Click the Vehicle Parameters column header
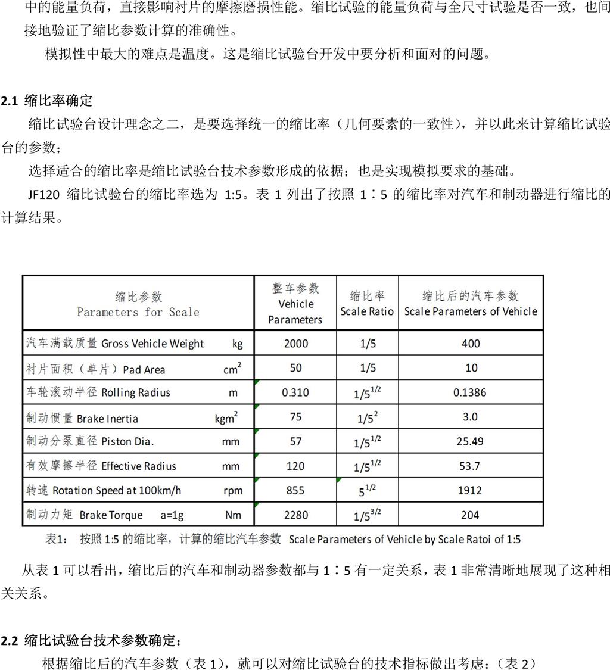[295, 304]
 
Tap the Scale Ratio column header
[367, 304]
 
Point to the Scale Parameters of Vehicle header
[471, 304]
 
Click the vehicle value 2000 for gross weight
[296, 344]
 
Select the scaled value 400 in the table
[471, 344]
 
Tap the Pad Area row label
[96, 369]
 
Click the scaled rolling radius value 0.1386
[470, 392]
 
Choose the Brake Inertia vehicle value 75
[295, 417]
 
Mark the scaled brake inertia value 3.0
[470, 417]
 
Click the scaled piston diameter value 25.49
[470, 441]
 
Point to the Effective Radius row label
[101, 466]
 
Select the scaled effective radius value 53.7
[469, 466]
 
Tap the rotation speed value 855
[295, 490]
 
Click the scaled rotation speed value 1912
[470, 490]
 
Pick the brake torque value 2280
[295, 515]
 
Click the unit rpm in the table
[232, 490]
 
